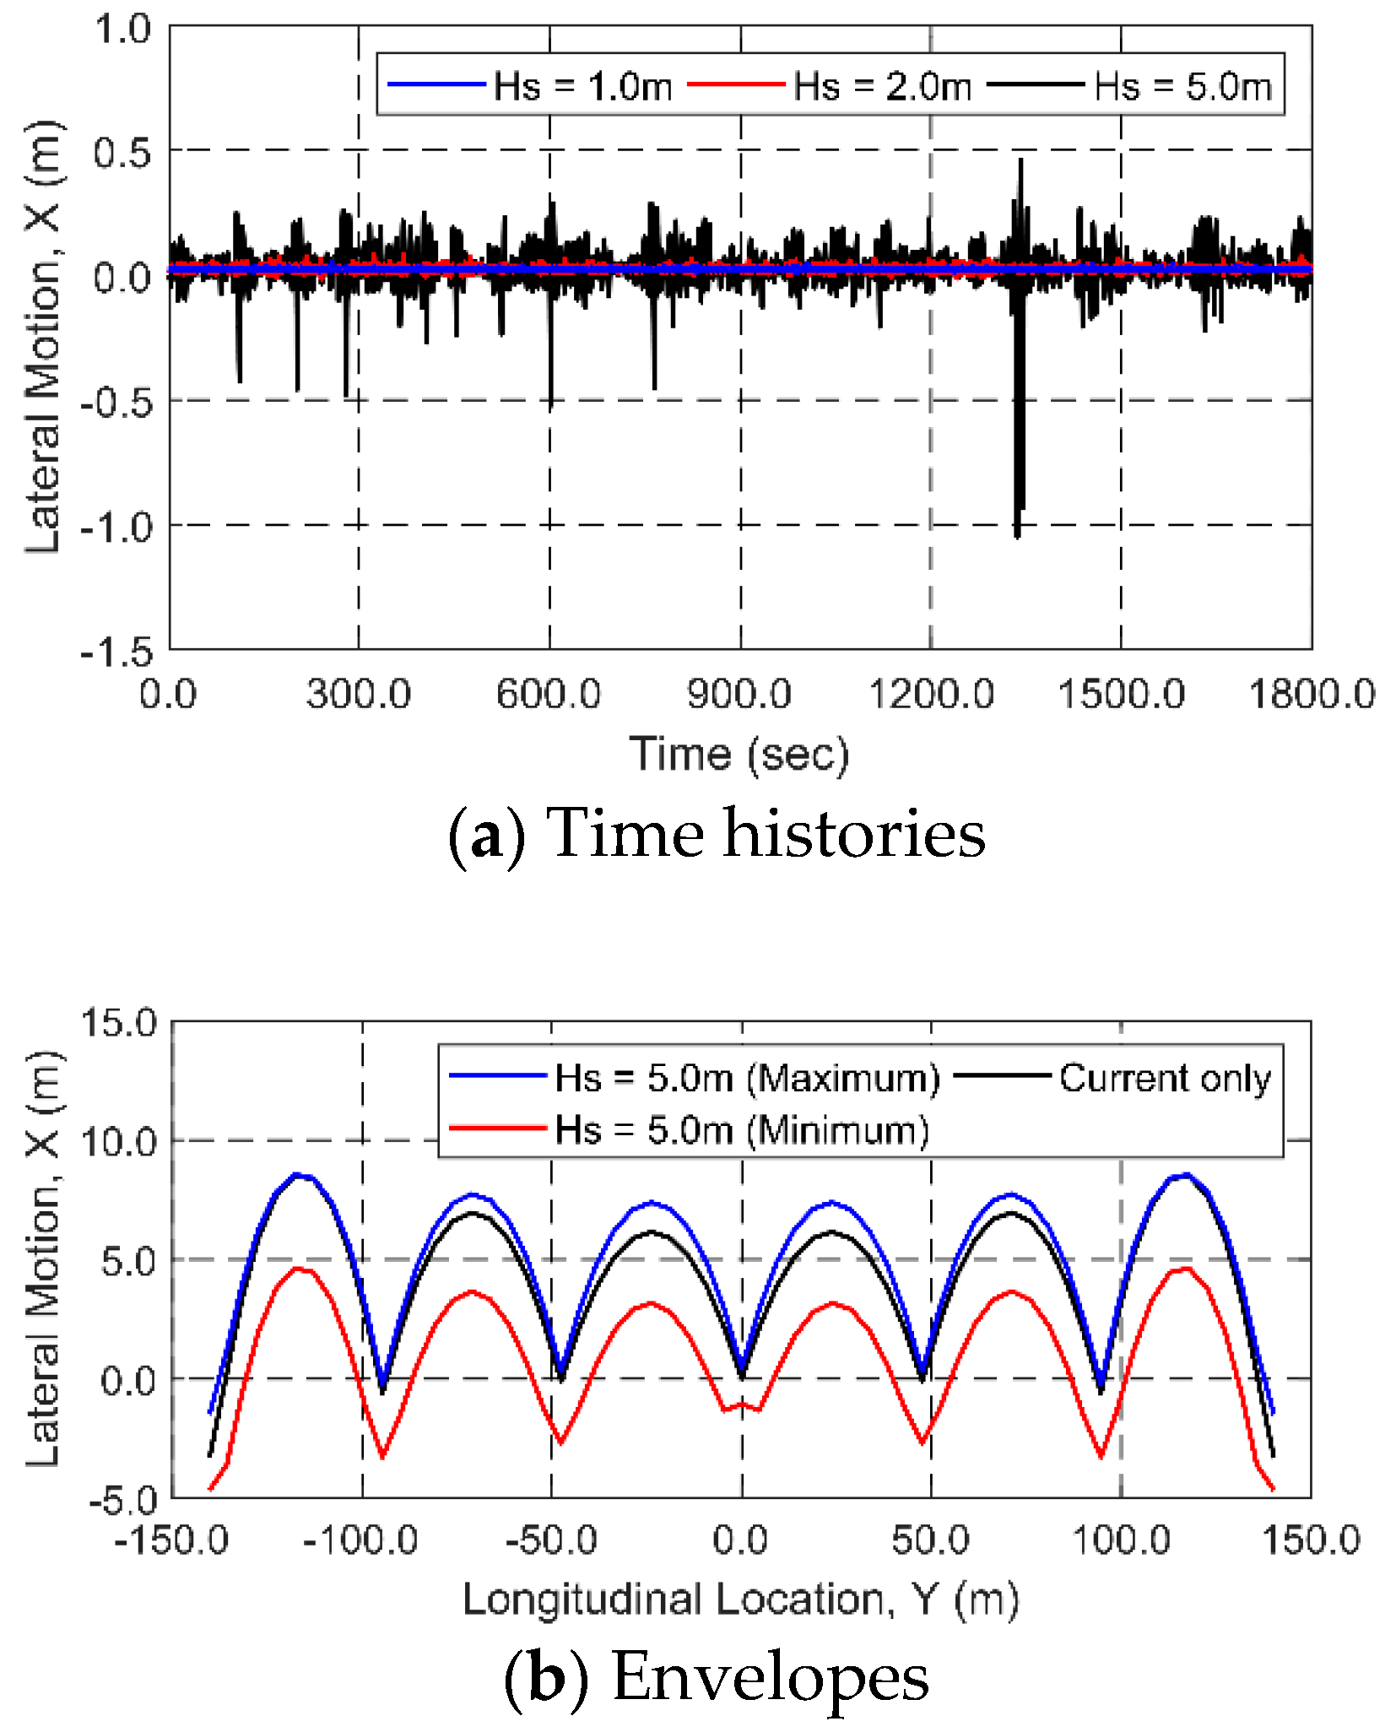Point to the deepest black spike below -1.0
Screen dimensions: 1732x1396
tap(1017, 533)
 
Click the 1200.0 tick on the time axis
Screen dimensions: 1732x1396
tap(931, 695)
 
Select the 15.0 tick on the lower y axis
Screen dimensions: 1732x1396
tap(119, 1022)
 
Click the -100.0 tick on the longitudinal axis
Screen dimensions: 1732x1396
tap(361, 1540)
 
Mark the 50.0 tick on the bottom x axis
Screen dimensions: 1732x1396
tap(931, 1540)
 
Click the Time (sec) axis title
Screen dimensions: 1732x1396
tap(739, 754)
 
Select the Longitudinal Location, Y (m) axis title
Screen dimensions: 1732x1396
tap(741, 1599)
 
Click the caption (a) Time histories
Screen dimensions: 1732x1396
tap(716, 834)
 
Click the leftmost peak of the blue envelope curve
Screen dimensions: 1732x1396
tap(296, 1174)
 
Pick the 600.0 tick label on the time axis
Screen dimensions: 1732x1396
tap(549, 695)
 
